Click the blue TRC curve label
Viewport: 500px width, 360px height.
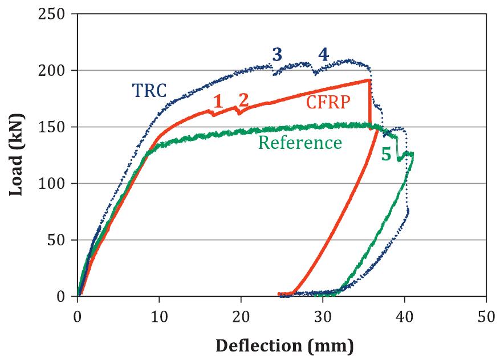click(149, 90)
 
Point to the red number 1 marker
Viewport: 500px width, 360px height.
click(217, 102)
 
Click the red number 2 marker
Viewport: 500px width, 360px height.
click(243, 100)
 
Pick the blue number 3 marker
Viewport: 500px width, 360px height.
click(277, 55)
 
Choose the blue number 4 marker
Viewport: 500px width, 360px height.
click(323, 55)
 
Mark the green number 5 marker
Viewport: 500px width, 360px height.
click(386, 155)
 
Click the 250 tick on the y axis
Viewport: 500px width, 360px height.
click(58, 14)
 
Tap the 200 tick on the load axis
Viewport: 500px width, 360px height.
click(58, 70)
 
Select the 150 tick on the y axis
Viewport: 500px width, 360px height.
click(58, 127)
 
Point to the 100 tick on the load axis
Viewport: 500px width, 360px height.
click(58, 183)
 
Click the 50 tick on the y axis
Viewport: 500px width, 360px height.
click(61, 240)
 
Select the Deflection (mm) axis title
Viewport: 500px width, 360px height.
click(283, 345)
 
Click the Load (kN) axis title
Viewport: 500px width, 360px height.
click(16, 155)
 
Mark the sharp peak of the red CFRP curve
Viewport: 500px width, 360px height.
click(369, 80)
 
